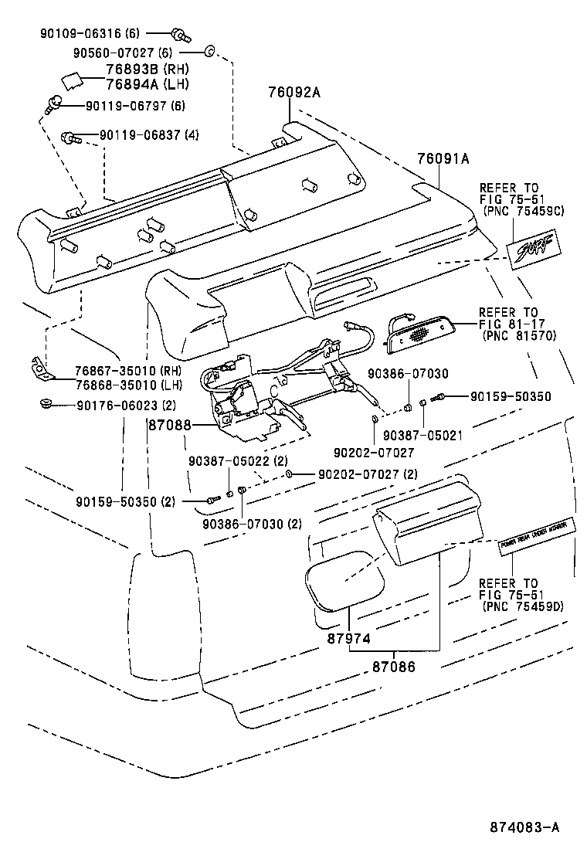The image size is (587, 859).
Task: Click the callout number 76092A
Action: (293, 92)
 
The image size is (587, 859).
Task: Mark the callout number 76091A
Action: (443, 158)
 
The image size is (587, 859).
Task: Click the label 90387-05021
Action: (423, 435)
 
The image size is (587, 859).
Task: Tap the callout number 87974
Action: (349, 638)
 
